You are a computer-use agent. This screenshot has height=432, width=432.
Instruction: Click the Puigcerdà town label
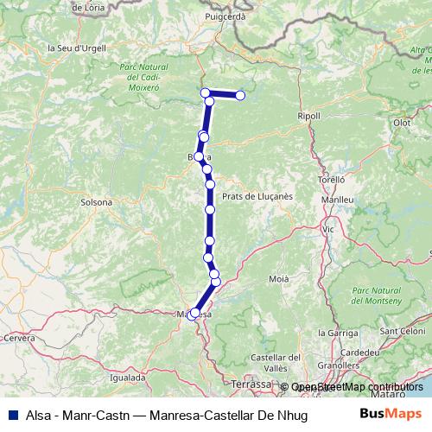tap(227, 16)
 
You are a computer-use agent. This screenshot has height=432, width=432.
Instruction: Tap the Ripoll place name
tap(308, 116)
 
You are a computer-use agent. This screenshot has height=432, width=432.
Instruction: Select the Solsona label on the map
tap(96, 202)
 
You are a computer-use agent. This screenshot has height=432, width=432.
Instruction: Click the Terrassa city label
tap(251, 383)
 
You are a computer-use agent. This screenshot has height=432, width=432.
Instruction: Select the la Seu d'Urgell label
tap(77, 48)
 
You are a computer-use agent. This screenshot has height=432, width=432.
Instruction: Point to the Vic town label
tap(327, 230)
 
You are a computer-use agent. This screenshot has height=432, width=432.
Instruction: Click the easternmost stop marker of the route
tap(240, 95)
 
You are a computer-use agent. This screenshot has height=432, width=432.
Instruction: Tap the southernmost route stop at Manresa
tap(193, 314)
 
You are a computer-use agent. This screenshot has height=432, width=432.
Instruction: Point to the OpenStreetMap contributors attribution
tap(357, 387)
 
